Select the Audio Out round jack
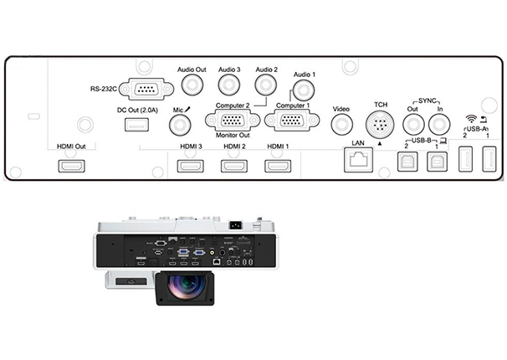191,85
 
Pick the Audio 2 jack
266,85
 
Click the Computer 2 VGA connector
232,121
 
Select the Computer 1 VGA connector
286,121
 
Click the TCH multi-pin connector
380,125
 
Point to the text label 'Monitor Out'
233,135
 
